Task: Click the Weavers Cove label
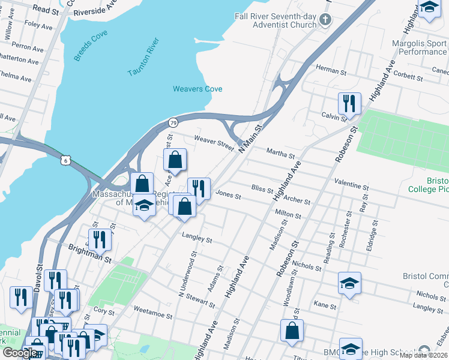pos(197,89)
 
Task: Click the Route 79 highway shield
pos(172,121)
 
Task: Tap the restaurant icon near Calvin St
pos(348,103)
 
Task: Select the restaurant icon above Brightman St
pos(100,239)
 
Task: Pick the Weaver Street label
pos(213,143)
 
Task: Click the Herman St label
pos(328,70)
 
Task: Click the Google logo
pos(20,353)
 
